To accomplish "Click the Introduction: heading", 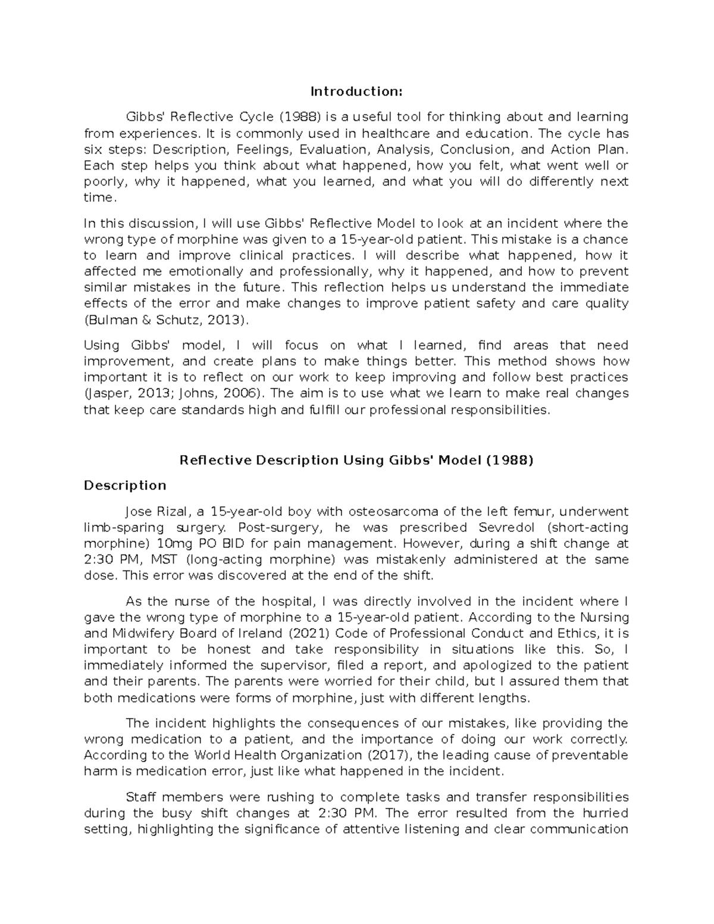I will [x=356, y=92].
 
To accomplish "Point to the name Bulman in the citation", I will [x=107, y=320].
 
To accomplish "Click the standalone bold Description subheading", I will [x=125, y=486].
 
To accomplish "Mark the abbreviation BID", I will [x=229, y=544].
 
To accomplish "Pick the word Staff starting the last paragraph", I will [x=142, y=797].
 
